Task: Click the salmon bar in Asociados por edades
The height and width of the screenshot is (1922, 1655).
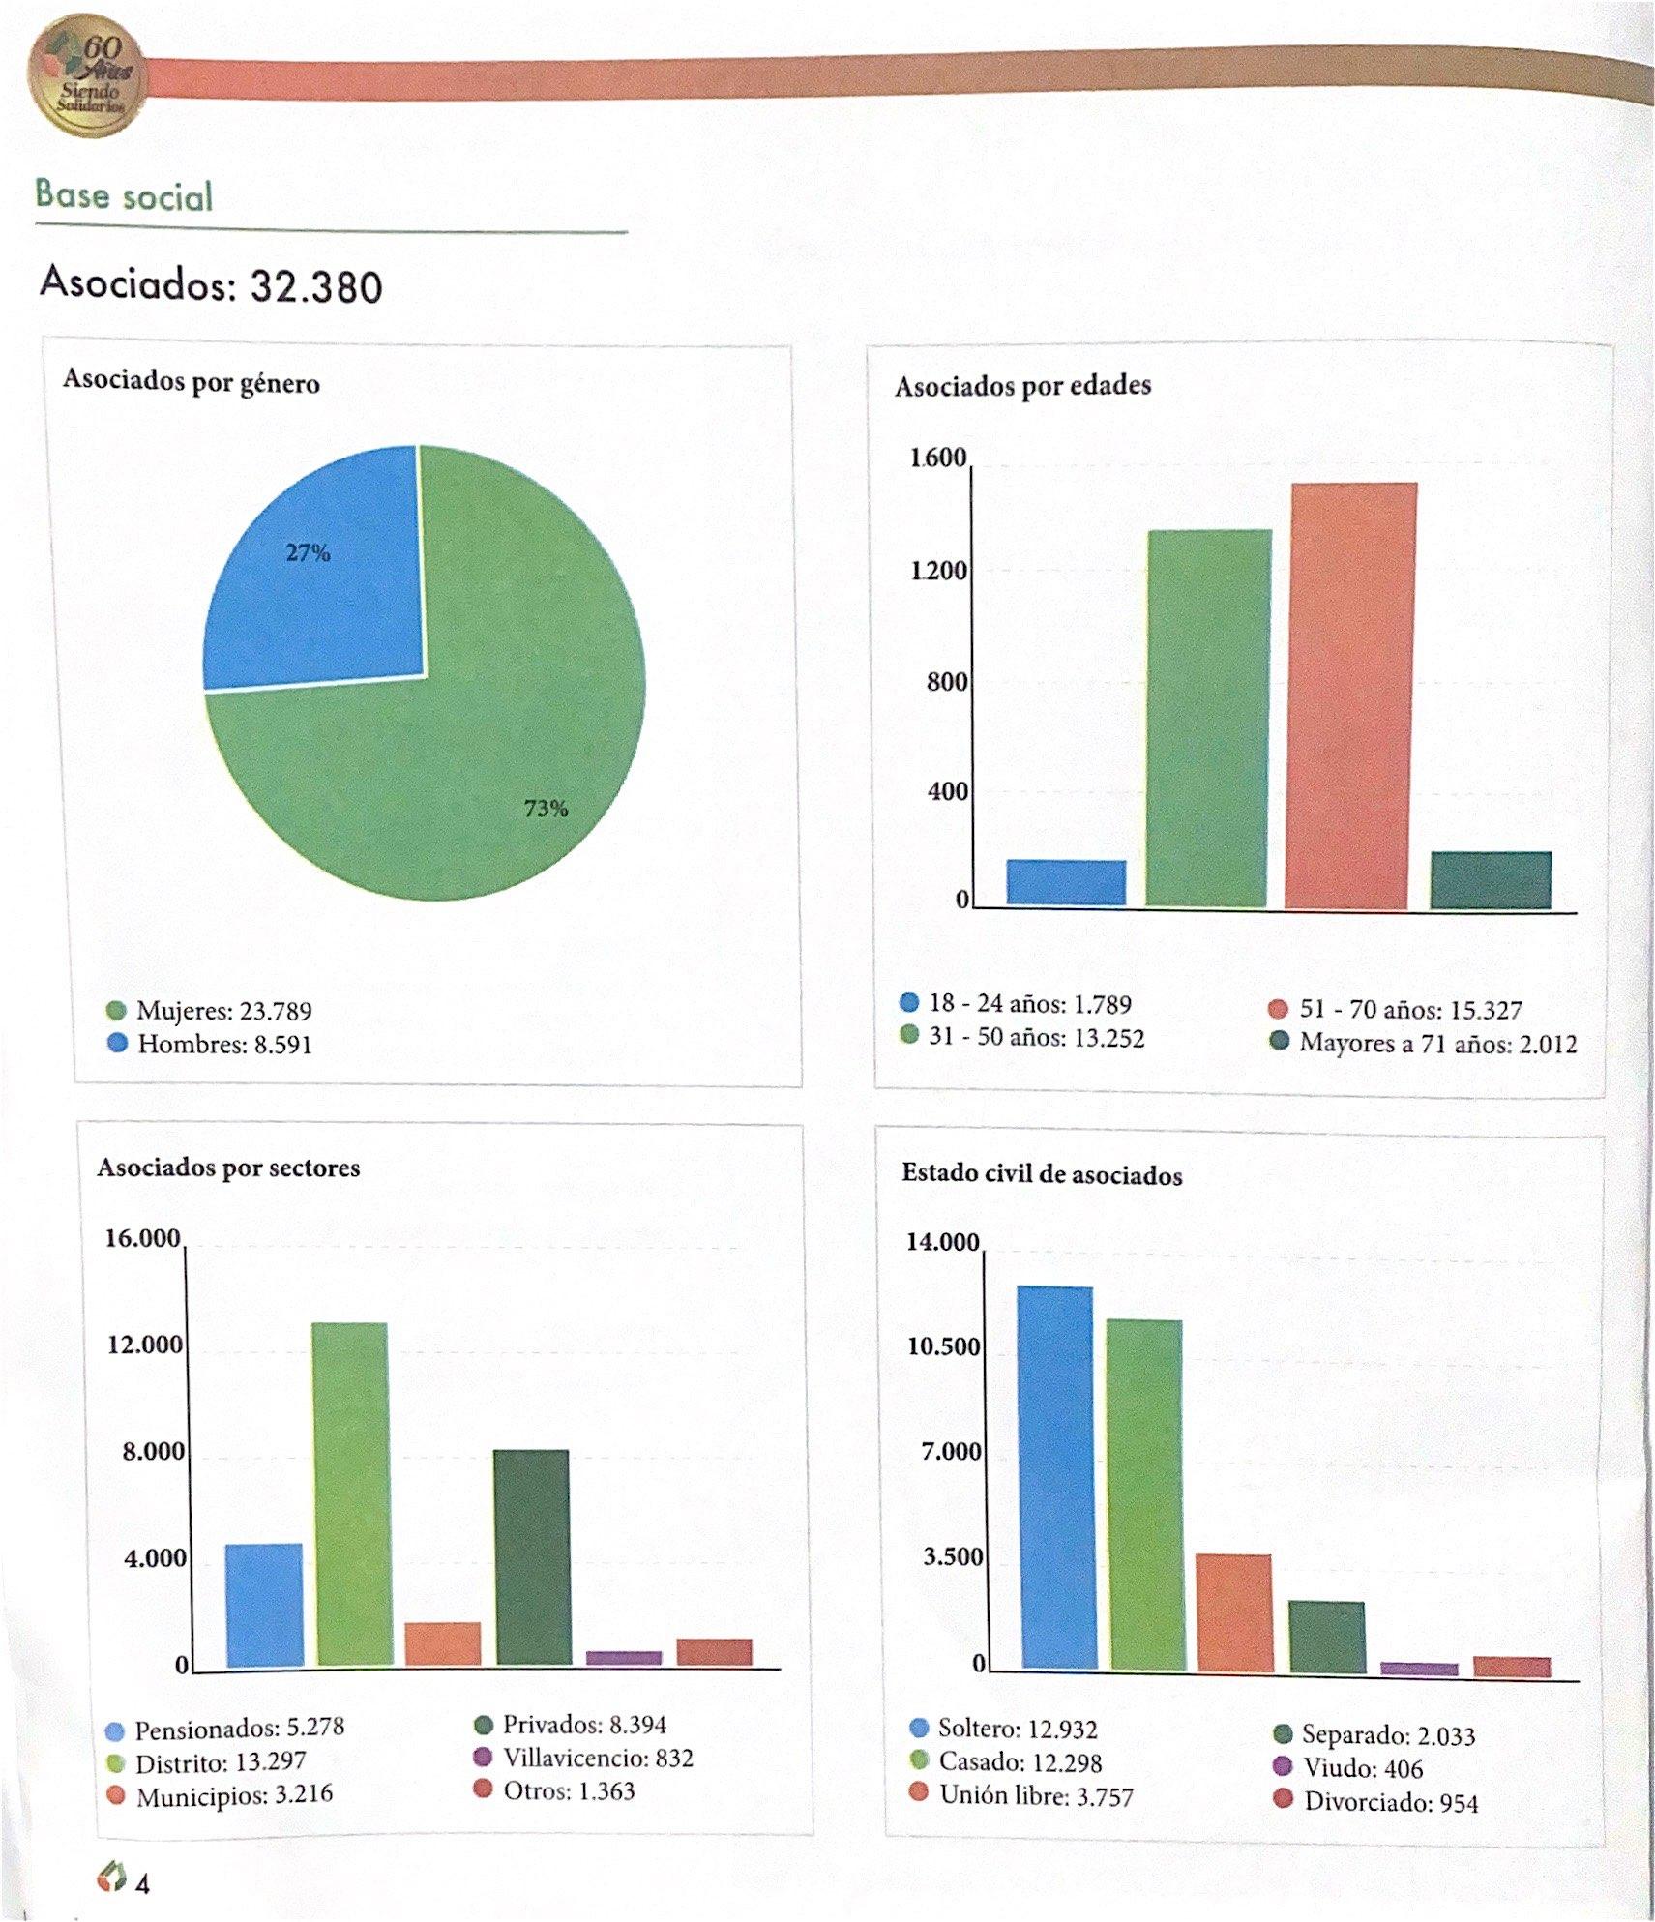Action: (x=1351, y=696)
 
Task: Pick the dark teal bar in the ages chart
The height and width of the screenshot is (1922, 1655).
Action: (x=1491, y=880)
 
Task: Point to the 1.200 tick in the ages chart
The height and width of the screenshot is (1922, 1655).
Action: (x=938, y=571)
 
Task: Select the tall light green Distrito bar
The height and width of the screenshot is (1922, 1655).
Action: (x=351, y=1494)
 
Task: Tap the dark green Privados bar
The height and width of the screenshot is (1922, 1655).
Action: (x=531, y=1557)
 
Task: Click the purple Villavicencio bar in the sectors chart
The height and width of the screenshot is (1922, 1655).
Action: (x=623, y=1658)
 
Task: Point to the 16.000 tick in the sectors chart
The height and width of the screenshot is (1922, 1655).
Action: (x=143, y=1239)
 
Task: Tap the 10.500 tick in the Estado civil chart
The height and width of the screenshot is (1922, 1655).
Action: (x=943, y=1347)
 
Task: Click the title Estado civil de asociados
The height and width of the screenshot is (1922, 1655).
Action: (x=1042, y=1175)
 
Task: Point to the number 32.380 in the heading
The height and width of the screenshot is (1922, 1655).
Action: (x=316, y=286)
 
